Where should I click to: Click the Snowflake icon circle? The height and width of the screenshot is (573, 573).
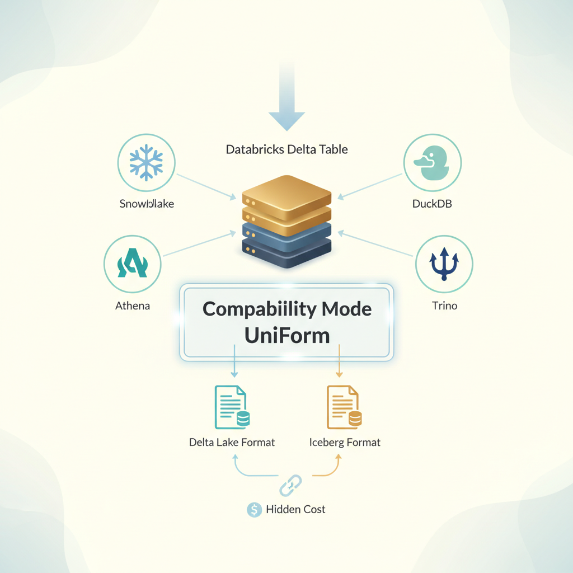tap(145, 163)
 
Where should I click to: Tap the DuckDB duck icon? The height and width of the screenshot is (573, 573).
tap(432, 163)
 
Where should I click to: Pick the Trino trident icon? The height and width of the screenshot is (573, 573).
tap(444, 265)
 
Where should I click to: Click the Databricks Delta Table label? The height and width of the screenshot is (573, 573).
tap(286, 149)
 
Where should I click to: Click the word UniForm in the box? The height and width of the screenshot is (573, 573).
tap(286, 335)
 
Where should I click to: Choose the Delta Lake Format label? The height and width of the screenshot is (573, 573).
tap(232, 442)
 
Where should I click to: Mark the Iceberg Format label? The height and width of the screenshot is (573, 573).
tap(345, 442)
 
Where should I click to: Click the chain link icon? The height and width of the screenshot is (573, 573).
tap(290, 485)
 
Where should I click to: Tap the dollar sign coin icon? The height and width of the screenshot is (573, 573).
tap(254, 509)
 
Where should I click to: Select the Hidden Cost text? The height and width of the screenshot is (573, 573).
tap(295, 509)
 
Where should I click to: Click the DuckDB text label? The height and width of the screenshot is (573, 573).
tap(431, 204)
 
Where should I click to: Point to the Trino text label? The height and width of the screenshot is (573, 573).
tap(444, 306)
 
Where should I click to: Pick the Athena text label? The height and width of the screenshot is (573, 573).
tap(133, 306)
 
